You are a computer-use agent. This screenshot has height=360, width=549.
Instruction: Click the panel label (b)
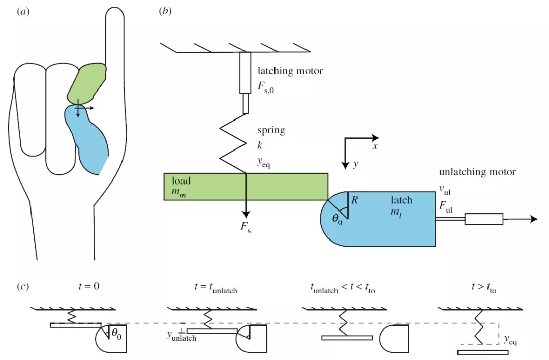pyautogui.click(x=165, y=11)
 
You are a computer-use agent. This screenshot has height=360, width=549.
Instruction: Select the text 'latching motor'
pyautogui.click(x=290, y=71)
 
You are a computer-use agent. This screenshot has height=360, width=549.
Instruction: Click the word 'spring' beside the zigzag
pyautogui.click(x=271, y=130)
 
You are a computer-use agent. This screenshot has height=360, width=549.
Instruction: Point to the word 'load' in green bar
pyautogui.click(x=181, y=181)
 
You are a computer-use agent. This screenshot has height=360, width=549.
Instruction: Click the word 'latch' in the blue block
pyautogui.click(x=402, y=200)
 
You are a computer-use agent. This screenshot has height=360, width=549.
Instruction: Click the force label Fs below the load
pyautogui.click(x=246, y=227)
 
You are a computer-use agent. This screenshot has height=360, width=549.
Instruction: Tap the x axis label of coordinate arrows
pyautogui.click(x=375, y=146)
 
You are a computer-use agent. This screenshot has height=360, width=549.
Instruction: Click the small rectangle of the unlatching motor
pyautogui.click(x=484, y=219)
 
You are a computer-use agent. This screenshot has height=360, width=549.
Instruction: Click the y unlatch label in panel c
pyautogui.click(x=181, y=337)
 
